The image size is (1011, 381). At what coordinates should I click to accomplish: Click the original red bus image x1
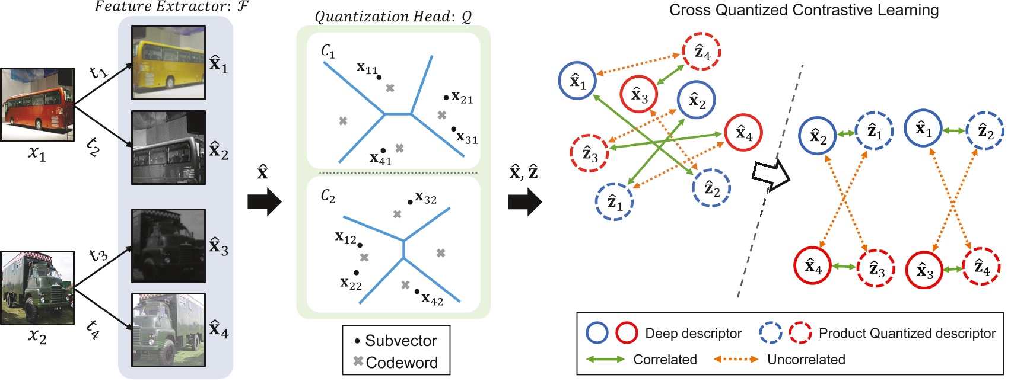[x=37, y=105]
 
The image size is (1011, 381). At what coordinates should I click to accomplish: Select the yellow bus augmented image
[x=168, y=62]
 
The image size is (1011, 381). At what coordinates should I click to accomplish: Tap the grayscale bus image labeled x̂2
[x=168, y=148]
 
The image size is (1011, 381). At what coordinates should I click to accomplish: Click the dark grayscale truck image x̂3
[x=168, y=245]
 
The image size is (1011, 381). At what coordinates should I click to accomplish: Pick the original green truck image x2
[x=37, y=288]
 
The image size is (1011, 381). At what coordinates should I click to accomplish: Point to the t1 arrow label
[x=98, y=72]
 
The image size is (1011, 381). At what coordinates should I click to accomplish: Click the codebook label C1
[x=328, y=52]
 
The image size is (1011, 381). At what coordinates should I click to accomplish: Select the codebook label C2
[x=328, y=196]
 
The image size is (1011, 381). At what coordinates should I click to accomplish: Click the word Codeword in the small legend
[x=402, y=363]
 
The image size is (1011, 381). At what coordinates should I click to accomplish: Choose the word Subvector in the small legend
[x=401, y=341]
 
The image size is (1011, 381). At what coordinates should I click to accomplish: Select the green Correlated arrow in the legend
[x=605, y=359]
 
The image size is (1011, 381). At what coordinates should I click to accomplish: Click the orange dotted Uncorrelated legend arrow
[x=736, y=359]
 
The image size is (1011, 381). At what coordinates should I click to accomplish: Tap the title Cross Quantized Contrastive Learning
[x=804, y=10]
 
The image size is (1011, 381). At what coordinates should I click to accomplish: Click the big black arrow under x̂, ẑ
[x=524, y=202]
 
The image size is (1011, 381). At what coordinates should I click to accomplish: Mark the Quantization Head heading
[x=393, y=17]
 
